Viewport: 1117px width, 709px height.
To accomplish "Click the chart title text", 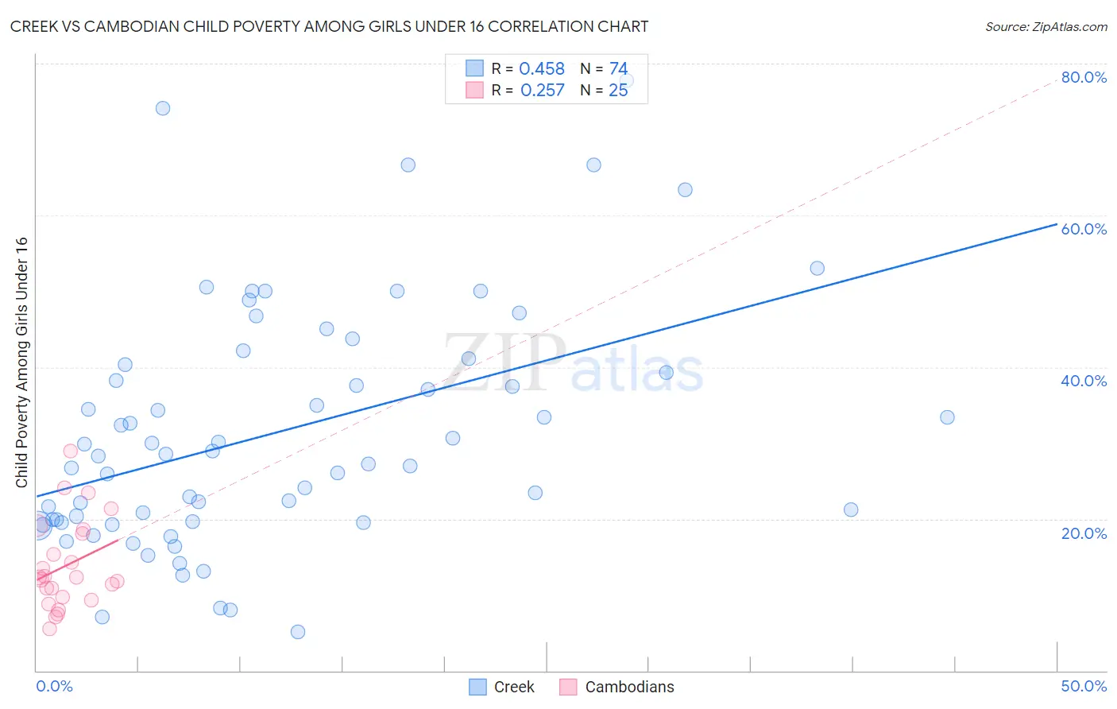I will (329, 26).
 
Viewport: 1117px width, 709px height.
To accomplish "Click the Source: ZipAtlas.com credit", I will (1045, 26).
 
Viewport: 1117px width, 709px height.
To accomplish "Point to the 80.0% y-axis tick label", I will (1084, 77).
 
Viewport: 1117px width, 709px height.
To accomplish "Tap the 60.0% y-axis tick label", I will (1084, 229).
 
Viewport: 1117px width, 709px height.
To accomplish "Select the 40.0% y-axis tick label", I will (1084, 381).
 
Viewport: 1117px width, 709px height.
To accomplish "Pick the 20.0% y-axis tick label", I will (1084, 533).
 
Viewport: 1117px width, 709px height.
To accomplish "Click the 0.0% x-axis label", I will (54, 686).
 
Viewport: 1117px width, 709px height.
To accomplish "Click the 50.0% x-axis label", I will (1084, 686).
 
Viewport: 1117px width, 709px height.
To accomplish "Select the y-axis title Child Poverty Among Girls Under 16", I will (21, 362).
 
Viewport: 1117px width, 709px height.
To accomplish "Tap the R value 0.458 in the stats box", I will (542, 69).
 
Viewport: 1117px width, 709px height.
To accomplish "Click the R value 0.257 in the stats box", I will (542, 91).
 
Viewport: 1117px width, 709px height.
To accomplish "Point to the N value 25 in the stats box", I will (618, 91).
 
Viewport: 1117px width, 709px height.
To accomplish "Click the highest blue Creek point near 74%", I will (163, 108).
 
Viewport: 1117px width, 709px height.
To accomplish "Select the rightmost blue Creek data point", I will (947, 417).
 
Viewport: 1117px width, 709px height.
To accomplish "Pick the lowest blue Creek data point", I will (298, 632).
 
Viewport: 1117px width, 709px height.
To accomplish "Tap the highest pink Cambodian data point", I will (71, 451).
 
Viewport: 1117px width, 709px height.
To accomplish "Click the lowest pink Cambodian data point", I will (49, 629).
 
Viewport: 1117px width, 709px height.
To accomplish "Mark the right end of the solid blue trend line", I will (1056, 225).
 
